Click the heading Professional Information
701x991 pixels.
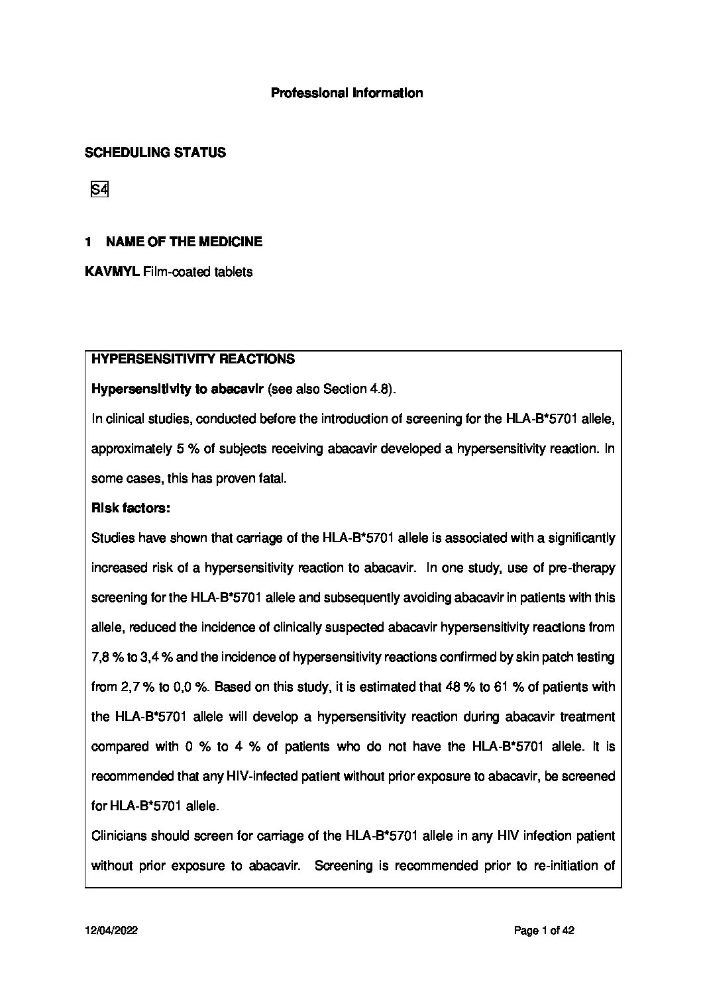tap(347, 93)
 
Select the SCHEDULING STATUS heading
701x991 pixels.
tap(155, 153)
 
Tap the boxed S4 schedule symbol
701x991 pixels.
tap(99, 190)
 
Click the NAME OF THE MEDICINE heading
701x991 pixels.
tap(184, 242)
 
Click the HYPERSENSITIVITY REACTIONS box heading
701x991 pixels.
tap(193, 359)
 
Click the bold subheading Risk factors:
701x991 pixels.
tap(131, 508)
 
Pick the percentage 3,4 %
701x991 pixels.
tap(156, 657)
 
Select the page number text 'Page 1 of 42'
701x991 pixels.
tap(543, 931)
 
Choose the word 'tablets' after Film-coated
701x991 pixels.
tap(232, 272)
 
